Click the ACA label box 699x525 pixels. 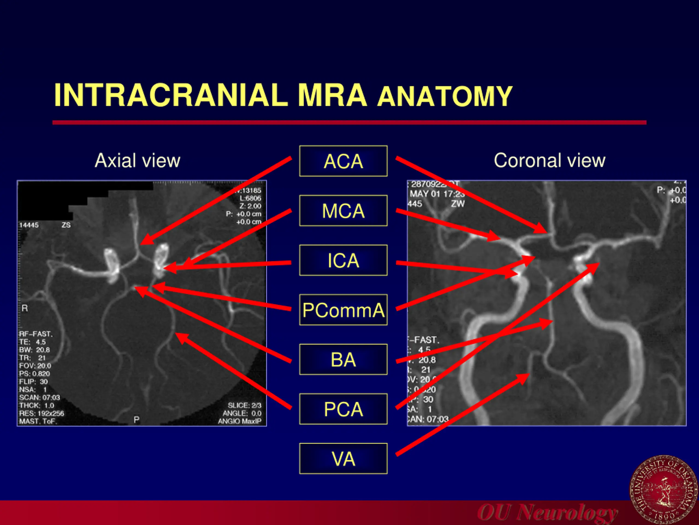click(343, 161)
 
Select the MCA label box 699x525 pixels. click(343, 211)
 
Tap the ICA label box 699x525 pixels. click(343, 260)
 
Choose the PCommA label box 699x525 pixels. click(343, 310)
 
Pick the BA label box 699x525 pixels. click(343, 360)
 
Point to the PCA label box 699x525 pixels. click(343, 409)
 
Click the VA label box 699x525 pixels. click(343, 459)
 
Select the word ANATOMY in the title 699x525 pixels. click(445, 97)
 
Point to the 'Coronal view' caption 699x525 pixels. click(549, 161)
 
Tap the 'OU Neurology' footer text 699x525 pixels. click(547, 512)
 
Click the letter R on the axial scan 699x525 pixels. click(25, 308)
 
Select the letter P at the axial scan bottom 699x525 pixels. click(137, 420)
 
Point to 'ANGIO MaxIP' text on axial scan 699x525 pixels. click(239, 421)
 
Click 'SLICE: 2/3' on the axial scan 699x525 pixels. click(244, 406)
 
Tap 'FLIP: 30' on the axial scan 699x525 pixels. click(33, 382)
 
